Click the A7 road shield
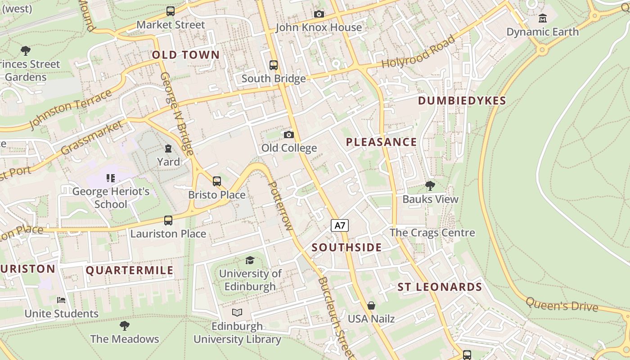(340, 225)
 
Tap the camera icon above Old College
(289, 135)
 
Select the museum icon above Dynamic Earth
(543, 18)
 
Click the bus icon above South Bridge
(274, 65)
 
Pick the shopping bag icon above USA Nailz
(371, 306)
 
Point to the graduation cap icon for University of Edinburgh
(250, 260)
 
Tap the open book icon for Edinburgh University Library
(237, 312)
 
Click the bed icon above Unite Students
(61, 300)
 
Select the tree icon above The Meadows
(125, 325)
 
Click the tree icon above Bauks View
(430, 185)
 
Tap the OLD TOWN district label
(186, 55)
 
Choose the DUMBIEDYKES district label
(462, 101)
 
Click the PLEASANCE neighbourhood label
(381, 142)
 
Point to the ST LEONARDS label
(440, 287)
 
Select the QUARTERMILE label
(130, 270)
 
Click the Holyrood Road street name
(418, 52)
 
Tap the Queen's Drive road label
(562, 305)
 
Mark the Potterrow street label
(280, 205)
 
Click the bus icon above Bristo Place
(217, 181)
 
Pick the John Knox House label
(319, 27)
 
